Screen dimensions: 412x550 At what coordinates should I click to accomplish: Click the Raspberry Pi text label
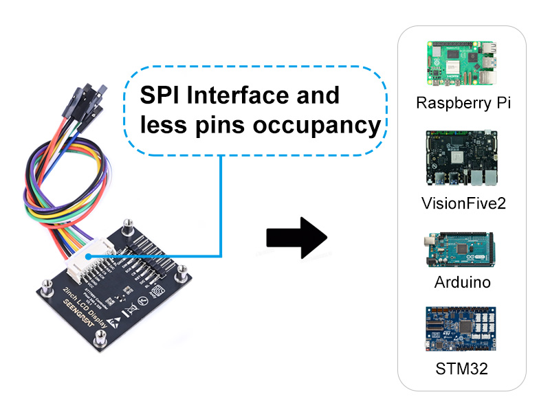click(x=463, y=104)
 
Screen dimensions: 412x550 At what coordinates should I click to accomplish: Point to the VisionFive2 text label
click(x=463, y=203)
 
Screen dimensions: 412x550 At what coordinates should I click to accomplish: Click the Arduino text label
click(x=463, y=282)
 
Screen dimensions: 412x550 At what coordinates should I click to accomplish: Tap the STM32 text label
click(x=462, y=368)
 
